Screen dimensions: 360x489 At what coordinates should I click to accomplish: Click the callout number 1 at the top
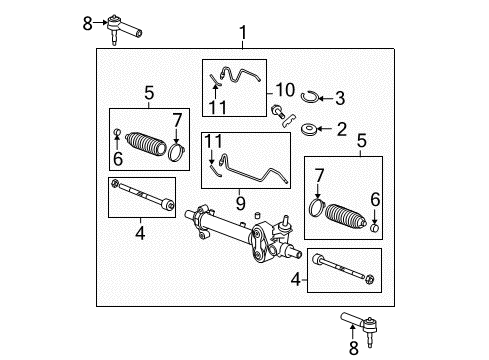pyautogui.click(x=242, y=37)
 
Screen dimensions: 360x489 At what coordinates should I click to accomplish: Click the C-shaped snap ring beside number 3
pyautogui.click(x=310, y=97)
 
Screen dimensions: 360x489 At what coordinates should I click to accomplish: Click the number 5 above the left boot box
pyautogui.click(x=149, y=94)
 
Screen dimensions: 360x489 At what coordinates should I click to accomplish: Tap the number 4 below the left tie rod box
pyautogui.click(x=141, y=233)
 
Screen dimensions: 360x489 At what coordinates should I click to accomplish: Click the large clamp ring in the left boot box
pyautogui.click(x=177, y=152)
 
